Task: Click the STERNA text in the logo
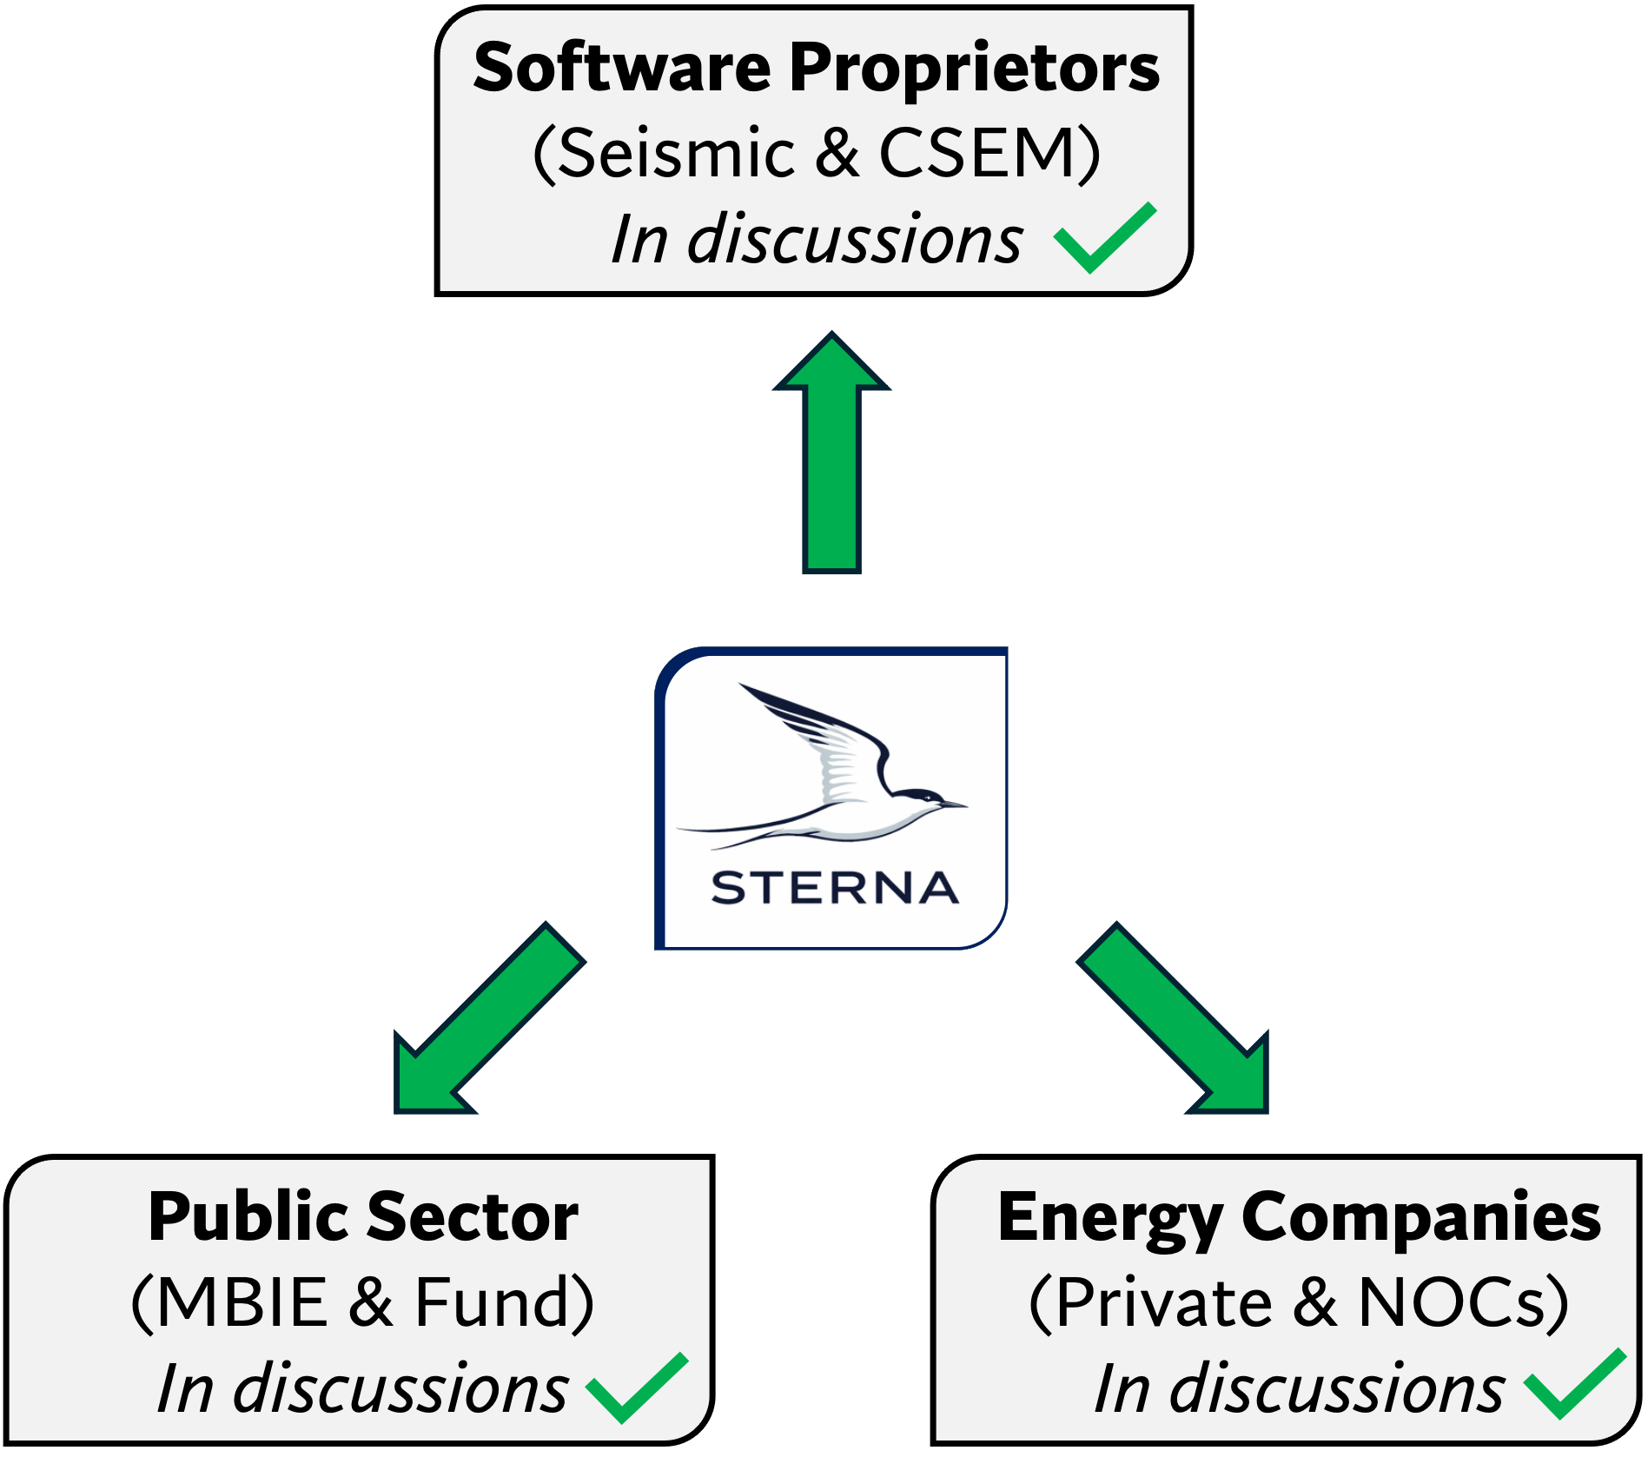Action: click(834, 888)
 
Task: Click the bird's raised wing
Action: click(825, 738)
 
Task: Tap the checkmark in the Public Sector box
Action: click(637, 1388)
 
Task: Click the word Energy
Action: click(1109, 1218)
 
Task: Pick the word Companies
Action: click(1420, 1218)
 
